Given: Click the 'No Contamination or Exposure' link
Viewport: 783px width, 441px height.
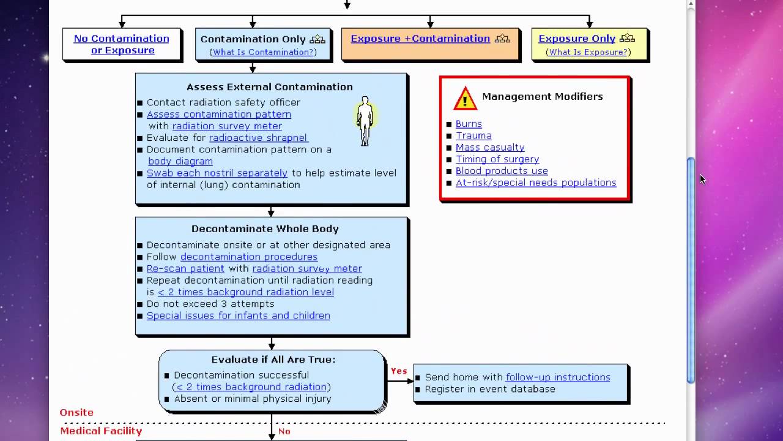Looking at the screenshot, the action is (x=121, y=44).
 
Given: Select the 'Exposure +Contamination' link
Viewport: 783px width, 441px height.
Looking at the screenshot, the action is (x=420, y=39).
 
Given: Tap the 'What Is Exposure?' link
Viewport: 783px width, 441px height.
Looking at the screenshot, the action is (x=588, y=52).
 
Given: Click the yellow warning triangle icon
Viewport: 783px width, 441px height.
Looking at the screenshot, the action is (x=465, y=99).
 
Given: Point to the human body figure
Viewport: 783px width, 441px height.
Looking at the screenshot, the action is (x=365, y=121).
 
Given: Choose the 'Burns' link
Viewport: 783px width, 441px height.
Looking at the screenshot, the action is (x=469, y=124).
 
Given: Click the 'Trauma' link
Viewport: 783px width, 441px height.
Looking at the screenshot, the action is (x=473, y=136).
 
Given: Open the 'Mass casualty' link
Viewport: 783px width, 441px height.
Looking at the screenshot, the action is (x=490, y=148).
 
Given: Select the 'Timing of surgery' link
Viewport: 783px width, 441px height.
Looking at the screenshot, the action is (x=497, y=159).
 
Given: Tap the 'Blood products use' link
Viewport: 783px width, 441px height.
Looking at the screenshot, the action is (x=502, y=171).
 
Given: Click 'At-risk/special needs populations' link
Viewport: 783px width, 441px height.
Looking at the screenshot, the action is (x=536, y=183).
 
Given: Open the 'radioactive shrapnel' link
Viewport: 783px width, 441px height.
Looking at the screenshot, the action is (x=258, y=138).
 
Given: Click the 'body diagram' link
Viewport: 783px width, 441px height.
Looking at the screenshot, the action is (x=180, y=161).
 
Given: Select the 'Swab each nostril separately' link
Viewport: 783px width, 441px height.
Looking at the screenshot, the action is (x=217, y=173).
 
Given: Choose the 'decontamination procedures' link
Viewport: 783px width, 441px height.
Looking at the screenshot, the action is (x=249, y=257).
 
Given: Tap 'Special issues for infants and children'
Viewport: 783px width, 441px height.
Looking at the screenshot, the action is (x=239, y=315).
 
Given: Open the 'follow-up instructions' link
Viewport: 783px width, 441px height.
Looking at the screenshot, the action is (x=558, y=377).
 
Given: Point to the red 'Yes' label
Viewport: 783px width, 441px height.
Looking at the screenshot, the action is (x=399, y=371).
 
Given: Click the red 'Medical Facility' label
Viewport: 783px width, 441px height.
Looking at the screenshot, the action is (x=101, y=431).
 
